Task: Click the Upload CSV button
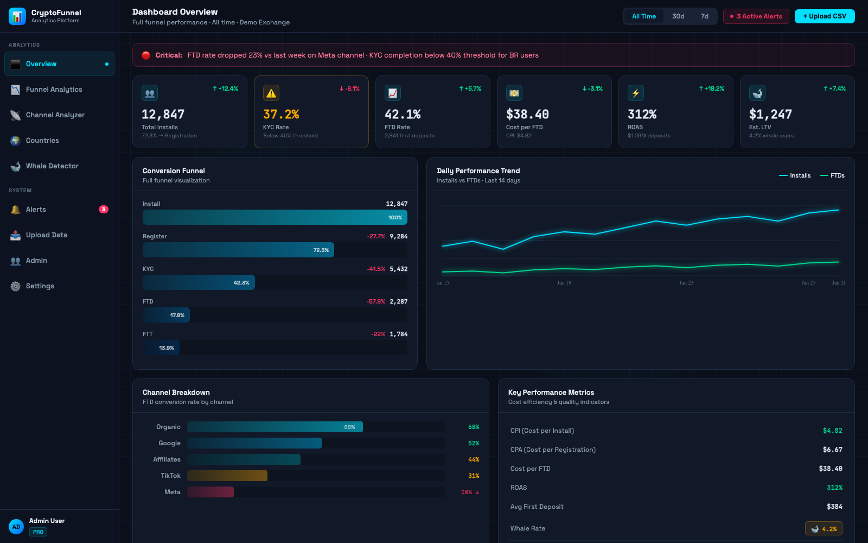click(x=824, y=16)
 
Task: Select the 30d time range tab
click(x=678, y=16)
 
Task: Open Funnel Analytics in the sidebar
click(x=54, y=90)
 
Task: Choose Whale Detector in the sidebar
click(x=52, y=166)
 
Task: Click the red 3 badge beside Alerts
click(x=103, y=210)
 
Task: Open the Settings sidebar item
click(x=40, y=286)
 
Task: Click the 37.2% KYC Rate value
click(x=281, y=115)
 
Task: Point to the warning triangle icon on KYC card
click(x=271, y=93)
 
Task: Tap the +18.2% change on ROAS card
click(x=711, y=89)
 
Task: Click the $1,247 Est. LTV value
click(x=770, y=115)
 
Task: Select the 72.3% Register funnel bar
click(x=238, y=250)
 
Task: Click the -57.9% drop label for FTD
click(x=376, y=301)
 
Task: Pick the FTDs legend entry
click(x=832, y=175)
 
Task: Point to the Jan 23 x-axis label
click(x=686, y=283)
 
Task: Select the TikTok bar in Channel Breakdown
click(x=227, y=476)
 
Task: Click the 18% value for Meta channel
click(x=467, y=492)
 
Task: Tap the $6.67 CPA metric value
click(x=832, y=450)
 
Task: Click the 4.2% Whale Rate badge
click(x=824, y=528)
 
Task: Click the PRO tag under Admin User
click(x=38, y=532)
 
